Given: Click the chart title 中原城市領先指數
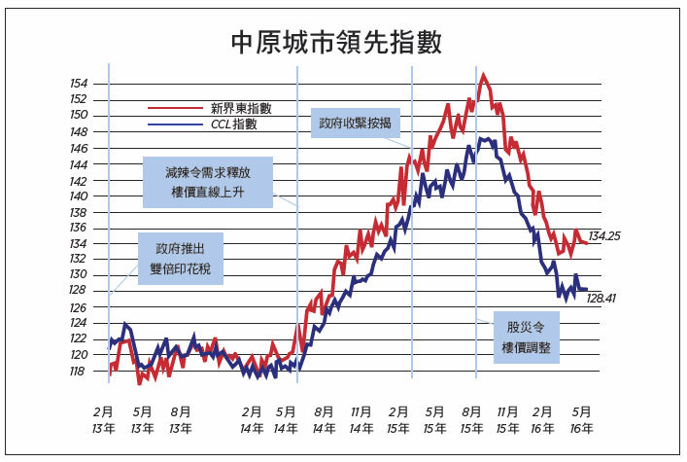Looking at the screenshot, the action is tap(336, 42).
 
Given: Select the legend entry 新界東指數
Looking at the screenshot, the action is tap(241, 108).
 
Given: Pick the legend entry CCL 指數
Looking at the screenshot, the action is tap(234, 124).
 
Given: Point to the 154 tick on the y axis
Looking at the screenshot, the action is tap(79, 84).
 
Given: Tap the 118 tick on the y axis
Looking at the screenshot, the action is tap(77, 372).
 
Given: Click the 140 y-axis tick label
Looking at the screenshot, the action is tap(79, 196).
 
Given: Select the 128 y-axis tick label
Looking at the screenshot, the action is tap(78, 290).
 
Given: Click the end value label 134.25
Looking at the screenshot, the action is tap(604, 236).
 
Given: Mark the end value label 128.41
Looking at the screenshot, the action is tap(601, 299).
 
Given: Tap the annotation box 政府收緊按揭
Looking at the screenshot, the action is tap(356, 123).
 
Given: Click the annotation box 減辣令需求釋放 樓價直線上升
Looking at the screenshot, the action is tap(208, 182).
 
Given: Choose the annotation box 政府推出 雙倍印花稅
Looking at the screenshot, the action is tap(181, 259).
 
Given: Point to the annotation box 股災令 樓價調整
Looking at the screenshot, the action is tap(527, 338).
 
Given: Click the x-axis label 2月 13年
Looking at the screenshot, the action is tap(103, 420).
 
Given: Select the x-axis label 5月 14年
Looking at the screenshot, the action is tap(286, 420).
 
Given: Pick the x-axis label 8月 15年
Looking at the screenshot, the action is tap(471, 420).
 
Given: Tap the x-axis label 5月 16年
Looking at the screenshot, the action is tap(581, 420).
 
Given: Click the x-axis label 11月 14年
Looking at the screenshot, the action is tap(361, 420).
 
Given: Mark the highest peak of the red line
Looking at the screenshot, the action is tap(483, 75).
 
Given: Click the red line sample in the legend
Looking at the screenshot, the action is tap(176, 108).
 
